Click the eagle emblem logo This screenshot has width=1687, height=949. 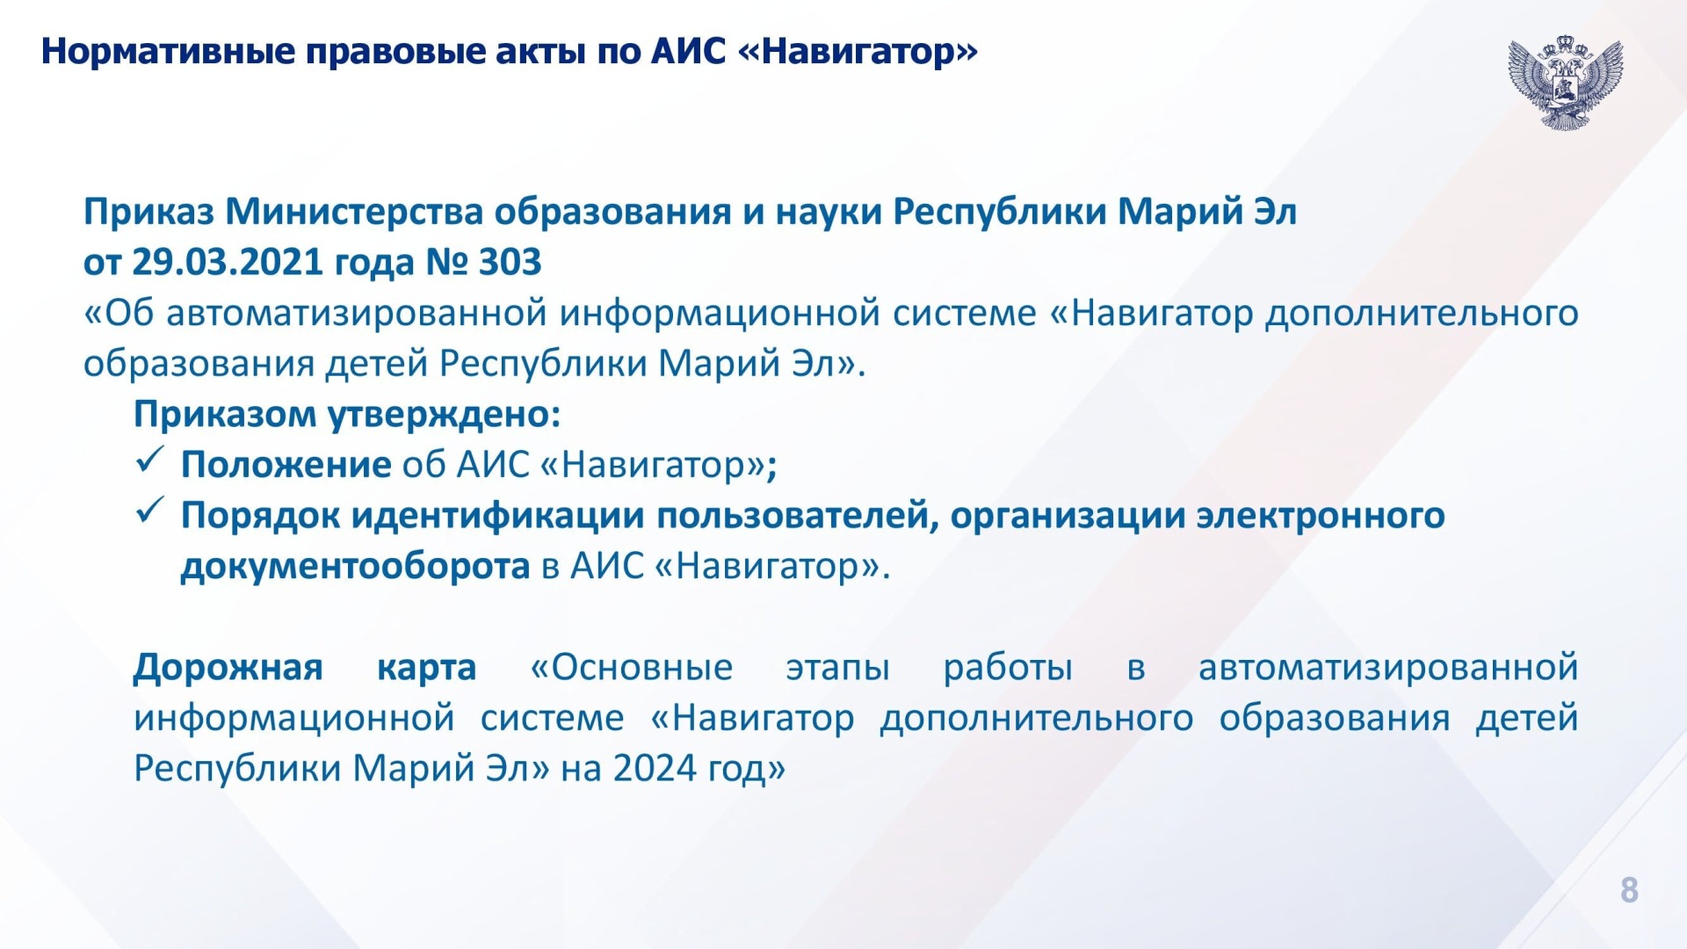point(1565,83)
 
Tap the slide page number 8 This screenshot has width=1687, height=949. point(1629,890)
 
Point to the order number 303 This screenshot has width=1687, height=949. point(510,262)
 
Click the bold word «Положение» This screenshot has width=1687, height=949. point(286,465)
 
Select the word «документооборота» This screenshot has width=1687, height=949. point(355,567)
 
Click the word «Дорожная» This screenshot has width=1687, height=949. point(228,668)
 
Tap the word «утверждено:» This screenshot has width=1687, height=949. point(445,415)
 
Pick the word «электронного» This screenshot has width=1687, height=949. point(1321,516)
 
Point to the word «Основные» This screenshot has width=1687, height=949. point(632,668)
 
